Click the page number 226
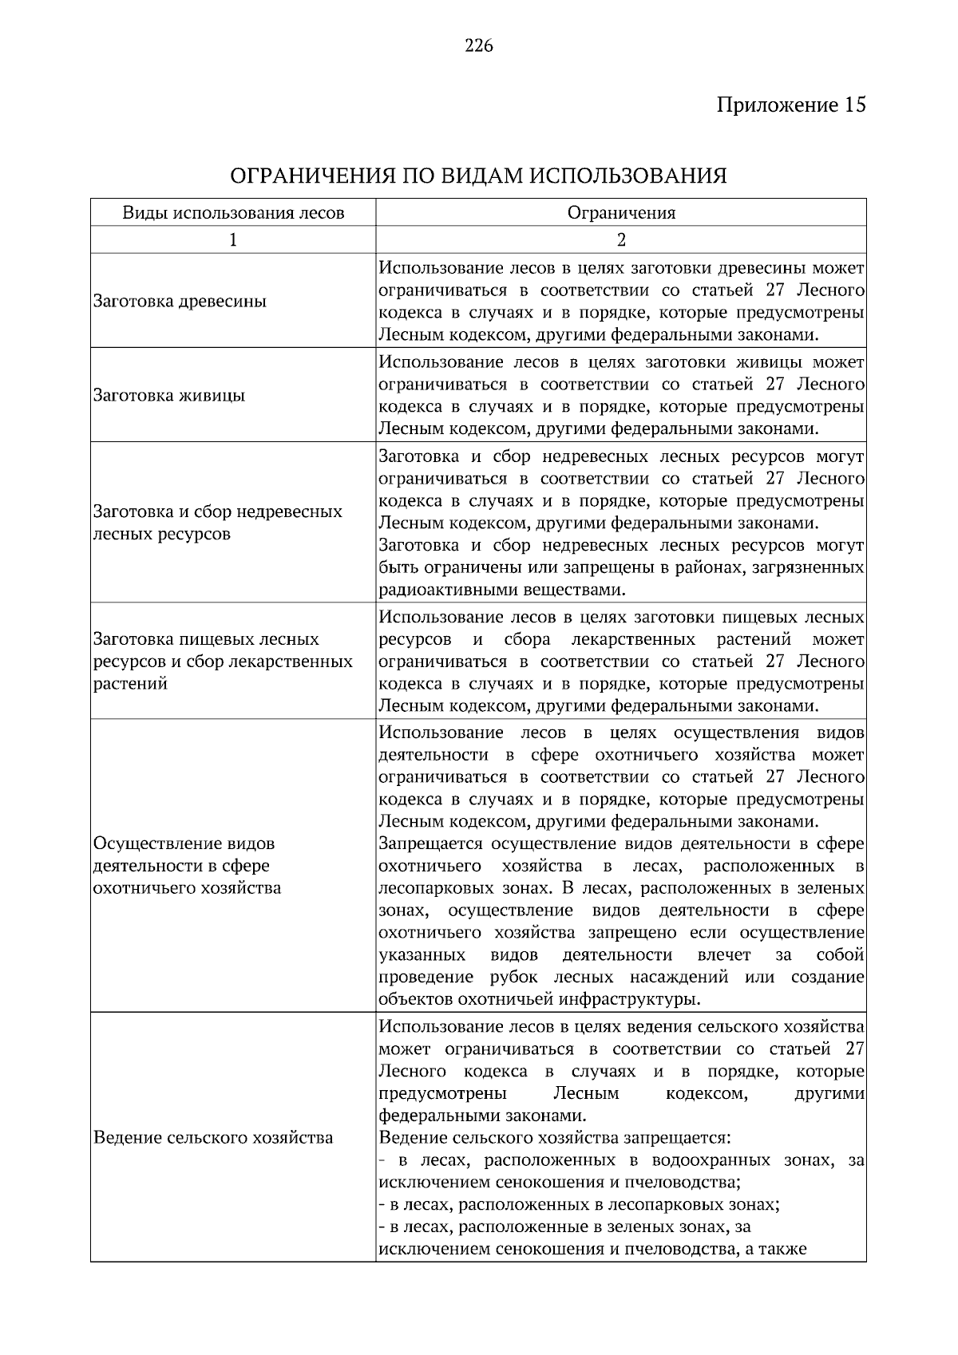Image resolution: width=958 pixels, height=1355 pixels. click(x=478, y=45)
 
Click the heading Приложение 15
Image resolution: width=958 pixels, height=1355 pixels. click(x=790, y=105)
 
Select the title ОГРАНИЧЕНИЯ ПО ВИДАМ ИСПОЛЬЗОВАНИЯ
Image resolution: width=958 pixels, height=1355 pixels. click(x=478, y=176)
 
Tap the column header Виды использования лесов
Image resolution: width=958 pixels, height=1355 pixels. click(x=233, y=213)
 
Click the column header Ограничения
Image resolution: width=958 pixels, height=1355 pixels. click(x=621, y=213)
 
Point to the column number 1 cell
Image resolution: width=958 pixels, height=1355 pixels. click(x=233, y=240)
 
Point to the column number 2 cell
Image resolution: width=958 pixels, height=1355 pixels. click(x=621, y=240)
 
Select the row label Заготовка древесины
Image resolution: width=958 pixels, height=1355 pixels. click(x=180, y=302)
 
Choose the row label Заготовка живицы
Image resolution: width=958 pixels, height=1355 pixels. click(x=169, y=396)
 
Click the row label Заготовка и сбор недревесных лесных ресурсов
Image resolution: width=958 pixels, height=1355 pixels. click(x=218, y=523)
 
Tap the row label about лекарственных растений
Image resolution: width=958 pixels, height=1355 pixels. click(x=223, y=662)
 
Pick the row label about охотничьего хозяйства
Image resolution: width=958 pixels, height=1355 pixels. click(x=188, y=866)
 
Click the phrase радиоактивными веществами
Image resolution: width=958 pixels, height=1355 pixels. click(x=501, y=591)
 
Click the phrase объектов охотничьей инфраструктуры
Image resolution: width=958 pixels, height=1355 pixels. click(x=540, y=1000)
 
